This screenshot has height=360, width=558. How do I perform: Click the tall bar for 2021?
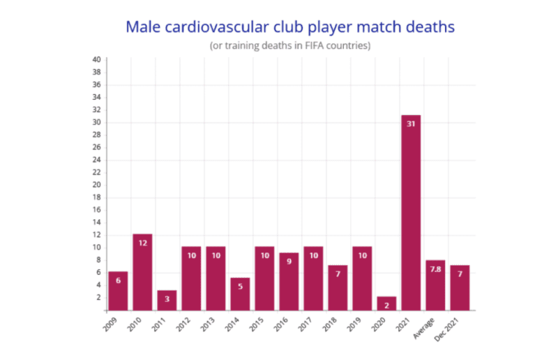(411, 213)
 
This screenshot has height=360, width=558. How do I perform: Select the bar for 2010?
(142, 272)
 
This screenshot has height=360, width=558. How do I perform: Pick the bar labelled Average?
(435, 285)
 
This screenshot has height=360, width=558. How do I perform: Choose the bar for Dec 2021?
(460, 287)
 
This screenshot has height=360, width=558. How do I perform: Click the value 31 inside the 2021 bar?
(411, 124)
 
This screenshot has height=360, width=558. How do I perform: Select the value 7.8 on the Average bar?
(435, 269)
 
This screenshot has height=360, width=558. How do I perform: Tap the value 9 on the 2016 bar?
(289, 262)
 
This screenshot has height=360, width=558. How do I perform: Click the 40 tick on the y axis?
(97, 59)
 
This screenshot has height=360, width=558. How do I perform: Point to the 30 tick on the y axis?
(97, 122)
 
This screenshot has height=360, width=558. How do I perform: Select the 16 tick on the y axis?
(97, 210)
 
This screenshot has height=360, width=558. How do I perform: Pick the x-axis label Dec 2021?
(453, 328)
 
